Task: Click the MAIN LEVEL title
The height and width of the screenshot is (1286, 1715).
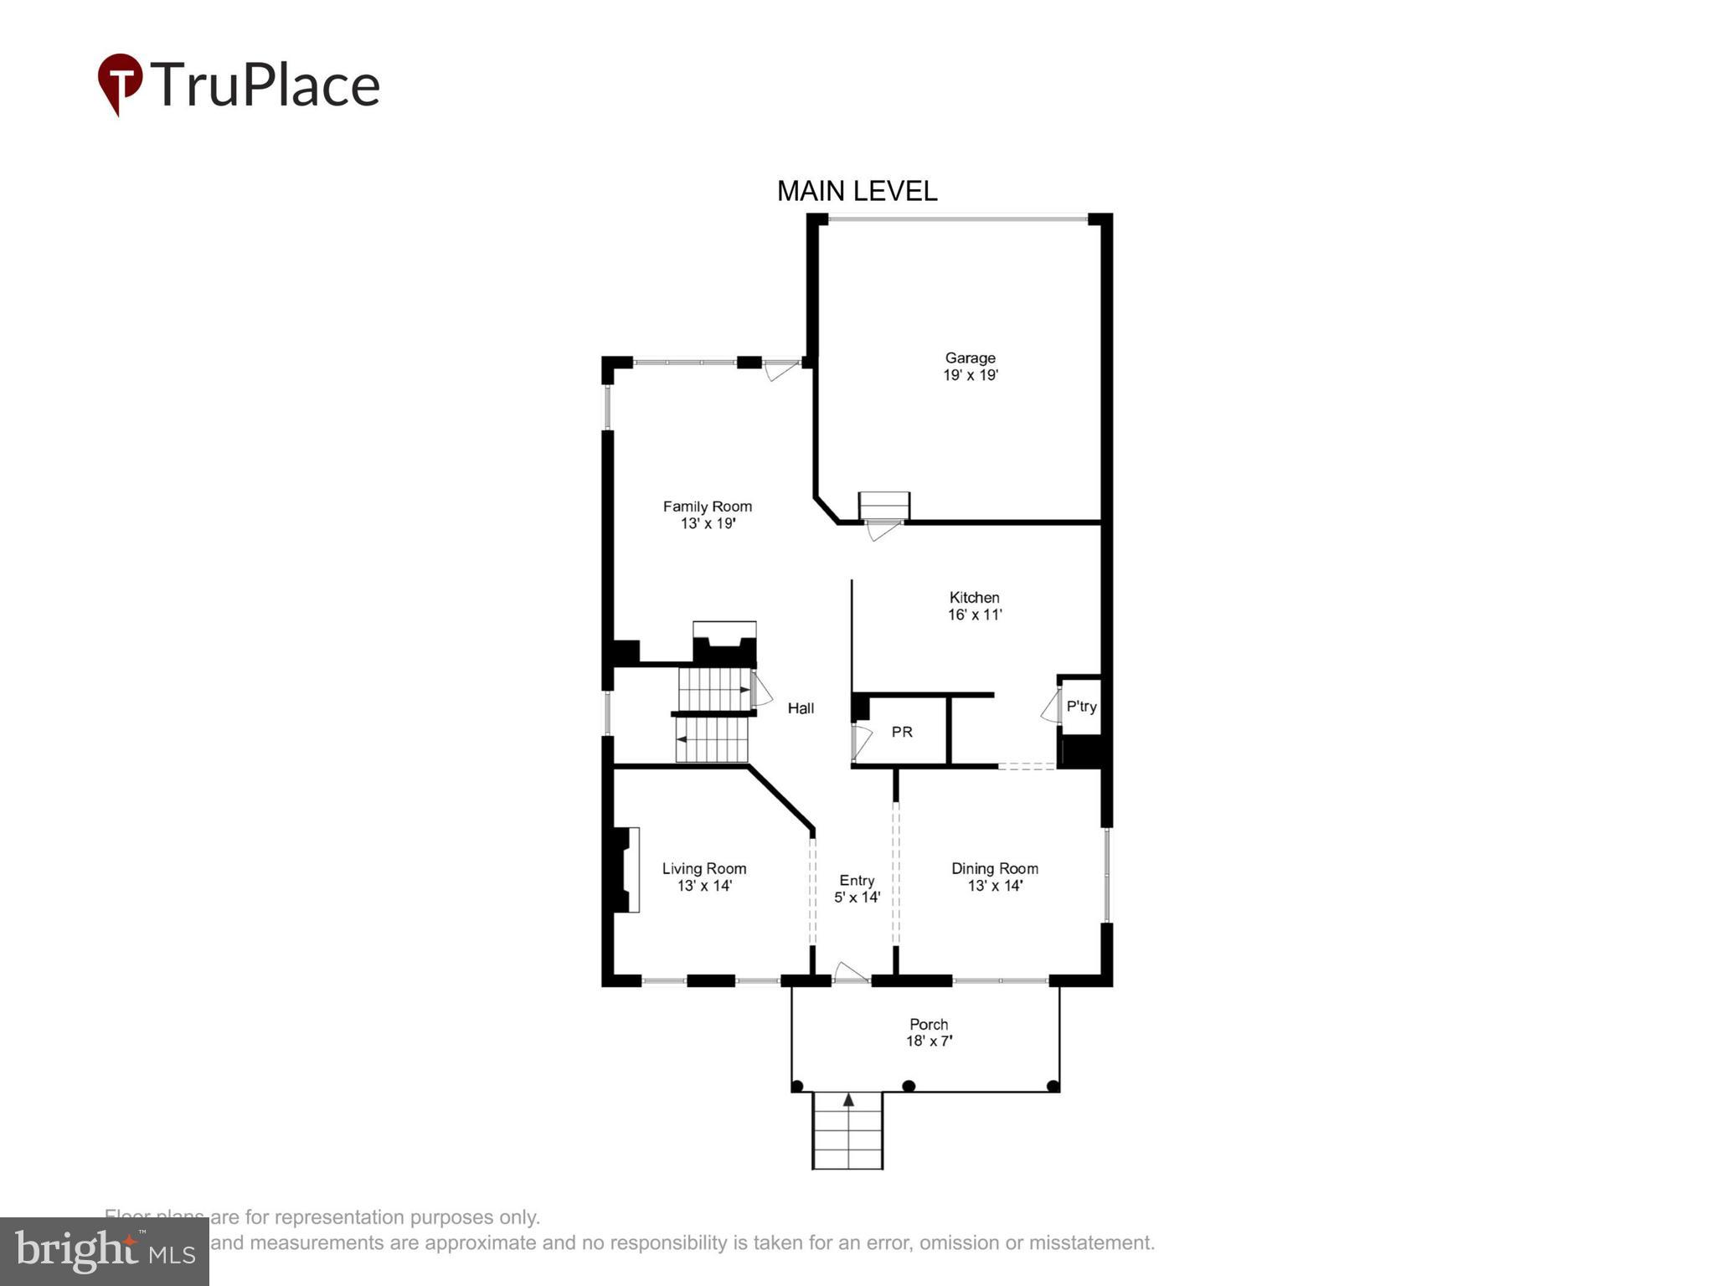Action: coord(857,192)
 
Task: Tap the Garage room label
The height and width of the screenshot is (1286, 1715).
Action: coord(970,367)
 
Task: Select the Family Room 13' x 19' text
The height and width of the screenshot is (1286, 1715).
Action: coord(708,515)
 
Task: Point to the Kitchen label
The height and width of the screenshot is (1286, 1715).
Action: coord(974,605)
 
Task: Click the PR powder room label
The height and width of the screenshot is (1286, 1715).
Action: coord(902,733)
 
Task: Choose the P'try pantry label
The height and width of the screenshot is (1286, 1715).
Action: coord(1081,707)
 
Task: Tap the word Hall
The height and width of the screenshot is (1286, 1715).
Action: coord(801,708)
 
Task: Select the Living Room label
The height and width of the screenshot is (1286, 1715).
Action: coord(703,877)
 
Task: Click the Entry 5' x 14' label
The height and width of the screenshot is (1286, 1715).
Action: coord(857,889)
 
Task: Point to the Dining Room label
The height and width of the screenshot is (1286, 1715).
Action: coord(994,877)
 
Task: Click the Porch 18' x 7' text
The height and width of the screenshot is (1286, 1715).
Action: coord(929,1033)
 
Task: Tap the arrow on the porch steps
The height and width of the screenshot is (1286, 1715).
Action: coord(848,1100)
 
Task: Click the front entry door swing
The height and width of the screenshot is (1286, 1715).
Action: coord(851,972)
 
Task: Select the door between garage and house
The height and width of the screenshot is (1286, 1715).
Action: coord(883,530)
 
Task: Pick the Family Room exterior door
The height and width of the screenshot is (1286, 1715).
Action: coord(781,369)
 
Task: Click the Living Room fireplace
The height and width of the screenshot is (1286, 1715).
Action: coord(624,870)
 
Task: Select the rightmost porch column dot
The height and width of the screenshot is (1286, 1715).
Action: coord(1053,1087)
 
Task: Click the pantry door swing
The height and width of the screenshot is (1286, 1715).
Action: coord(1050,707)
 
